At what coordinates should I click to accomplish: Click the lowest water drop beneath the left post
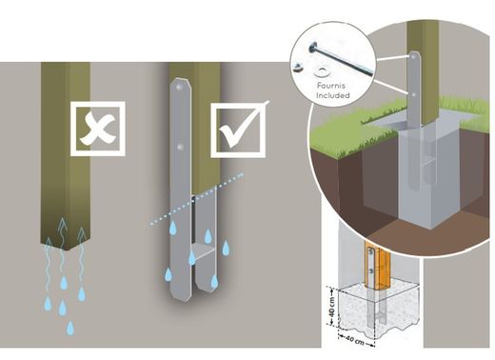[70, 327]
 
